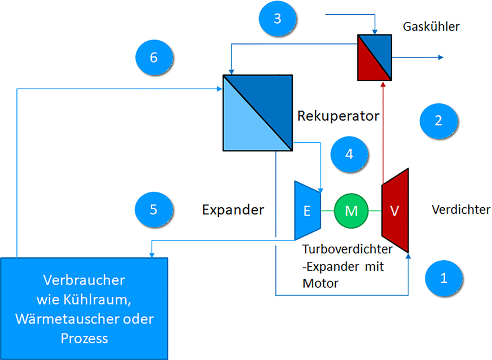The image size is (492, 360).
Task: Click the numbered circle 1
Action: click(x=443, y=278)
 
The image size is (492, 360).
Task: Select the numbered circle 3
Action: click(x=277, y=18)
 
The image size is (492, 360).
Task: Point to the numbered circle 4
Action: click(x=349, y=153)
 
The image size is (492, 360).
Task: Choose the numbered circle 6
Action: click(x=155, y=58)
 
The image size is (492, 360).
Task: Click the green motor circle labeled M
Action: click(x=351, y=211)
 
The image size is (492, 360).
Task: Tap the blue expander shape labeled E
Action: click(x=307, y=211)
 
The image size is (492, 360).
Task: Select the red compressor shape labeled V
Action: click(x=395, y=211)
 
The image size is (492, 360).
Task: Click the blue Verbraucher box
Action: click(x=84, y=308)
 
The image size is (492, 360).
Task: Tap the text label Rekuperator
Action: click(x=338, y=116)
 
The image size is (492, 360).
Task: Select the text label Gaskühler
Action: click(x=432, y=27)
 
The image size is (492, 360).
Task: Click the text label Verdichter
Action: click(x=460, y=210)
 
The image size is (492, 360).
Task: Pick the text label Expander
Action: click(x=233, y=210)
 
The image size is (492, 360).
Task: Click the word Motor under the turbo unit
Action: click(x=320, y=283)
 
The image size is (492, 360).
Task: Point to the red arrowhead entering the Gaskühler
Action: click(x=383, y=85)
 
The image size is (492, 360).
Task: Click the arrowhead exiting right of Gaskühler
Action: click(x=440, y=58)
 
